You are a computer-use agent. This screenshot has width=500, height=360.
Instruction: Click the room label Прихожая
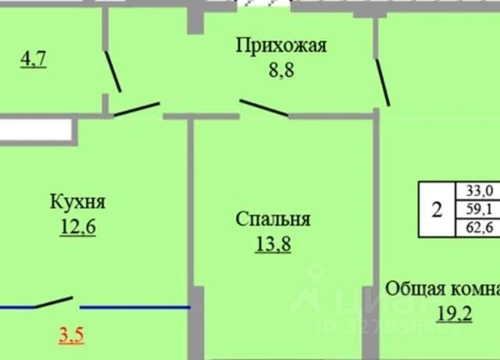pos(281,45)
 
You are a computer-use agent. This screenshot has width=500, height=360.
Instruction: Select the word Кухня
pos(77,203)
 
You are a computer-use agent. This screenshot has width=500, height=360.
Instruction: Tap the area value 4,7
pos(34,59)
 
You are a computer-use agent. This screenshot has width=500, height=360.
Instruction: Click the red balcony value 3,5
pos(71,337)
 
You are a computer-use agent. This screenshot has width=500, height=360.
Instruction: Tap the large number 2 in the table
pos(437,209)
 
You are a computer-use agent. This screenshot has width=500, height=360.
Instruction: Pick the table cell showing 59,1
pos(479,209)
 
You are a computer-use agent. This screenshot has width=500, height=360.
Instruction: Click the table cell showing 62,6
pos(479,228)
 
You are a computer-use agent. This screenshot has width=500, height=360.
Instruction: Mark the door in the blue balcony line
pos(54,302)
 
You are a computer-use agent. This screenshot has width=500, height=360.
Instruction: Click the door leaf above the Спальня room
pos(263,108)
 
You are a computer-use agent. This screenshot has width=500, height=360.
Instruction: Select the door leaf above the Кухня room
pos(137,109)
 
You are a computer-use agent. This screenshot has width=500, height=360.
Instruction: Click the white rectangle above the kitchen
pos(36,130)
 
